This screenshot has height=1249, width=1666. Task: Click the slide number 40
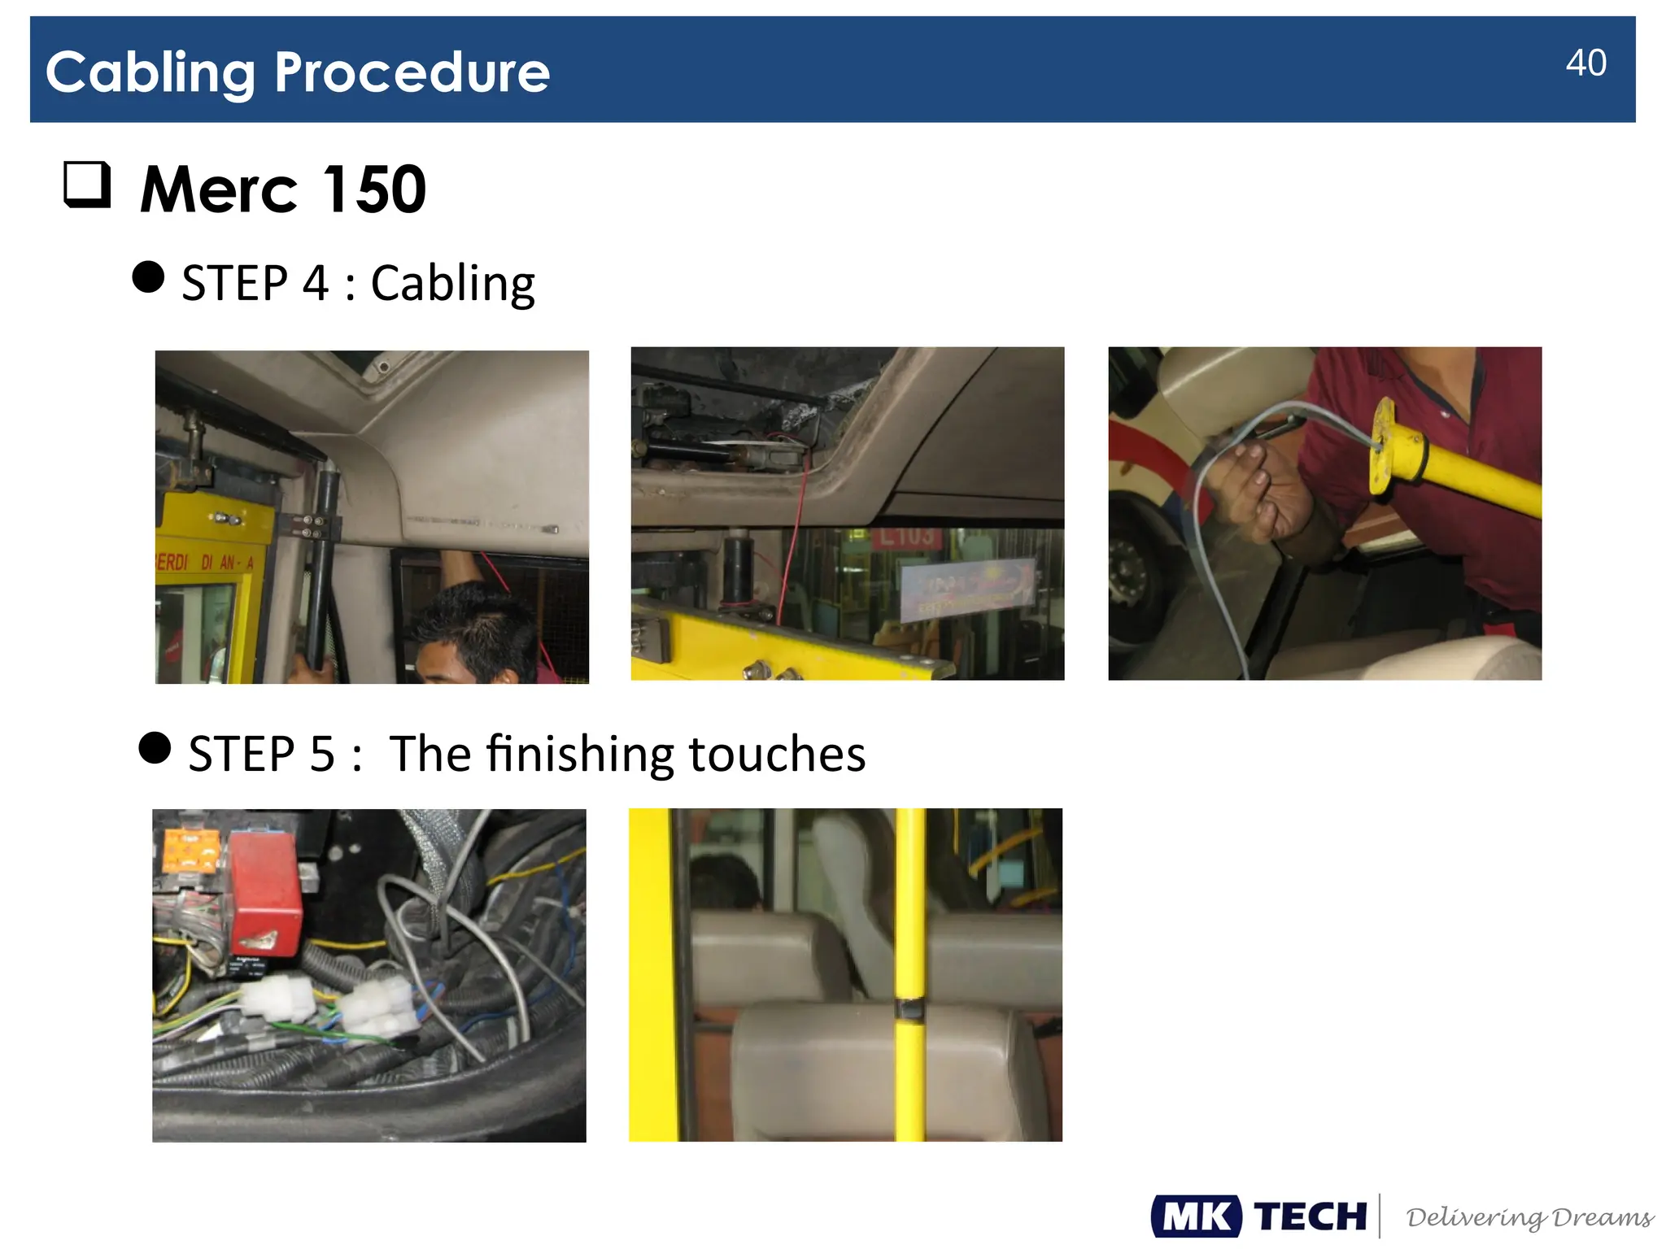pos(1585,63)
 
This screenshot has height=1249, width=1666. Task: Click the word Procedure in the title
pos(412,72)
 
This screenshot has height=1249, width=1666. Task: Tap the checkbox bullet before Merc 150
pos(87,185)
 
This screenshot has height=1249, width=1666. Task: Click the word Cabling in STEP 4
pos(452,284)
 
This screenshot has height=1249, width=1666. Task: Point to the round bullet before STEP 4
pos(148,277)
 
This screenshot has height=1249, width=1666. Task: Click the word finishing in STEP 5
pos(580,754)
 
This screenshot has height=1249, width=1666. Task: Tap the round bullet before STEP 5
pos(155,748)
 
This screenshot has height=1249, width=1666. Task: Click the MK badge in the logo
pos(1196,1216)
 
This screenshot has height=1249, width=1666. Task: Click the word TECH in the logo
pos(1310,1216)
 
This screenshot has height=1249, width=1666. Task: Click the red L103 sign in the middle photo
pos(905,537)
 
